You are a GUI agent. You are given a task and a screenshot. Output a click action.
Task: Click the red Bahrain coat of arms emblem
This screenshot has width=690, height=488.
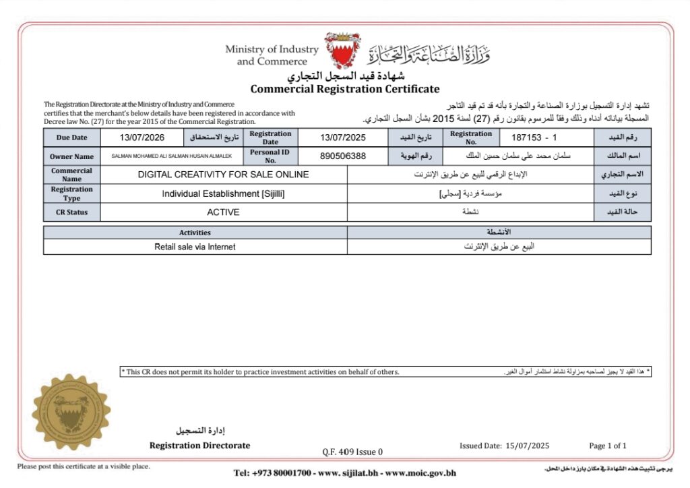coord(342,50)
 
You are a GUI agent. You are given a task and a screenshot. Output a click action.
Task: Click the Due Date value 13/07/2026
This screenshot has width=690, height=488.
coord(142,138)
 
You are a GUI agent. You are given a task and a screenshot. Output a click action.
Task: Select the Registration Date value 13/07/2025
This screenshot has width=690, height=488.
coord(342,138)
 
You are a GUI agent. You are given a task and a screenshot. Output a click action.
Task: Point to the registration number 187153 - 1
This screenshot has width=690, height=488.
coord(534,138)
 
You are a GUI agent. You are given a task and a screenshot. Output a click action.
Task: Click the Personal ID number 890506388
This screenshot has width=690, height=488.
coord(342,156)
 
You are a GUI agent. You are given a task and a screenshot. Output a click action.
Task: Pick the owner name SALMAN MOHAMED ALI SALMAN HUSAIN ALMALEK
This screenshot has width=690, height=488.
coord(172,156)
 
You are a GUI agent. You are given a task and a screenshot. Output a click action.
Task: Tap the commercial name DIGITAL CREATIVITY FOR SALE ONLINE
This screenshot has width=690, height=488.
coord(224,175)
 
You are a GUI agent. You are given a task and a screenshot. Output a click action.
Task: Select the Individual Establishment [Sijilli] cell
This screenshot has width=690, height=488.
coord(224,193)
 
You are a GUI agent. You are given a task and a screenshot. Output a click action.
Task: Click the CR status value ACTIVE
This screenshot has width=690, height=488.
coord(223,212)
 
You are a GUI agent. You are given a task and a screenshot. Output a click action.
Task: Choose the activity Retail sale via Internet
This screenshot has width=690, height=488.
coord(195,247)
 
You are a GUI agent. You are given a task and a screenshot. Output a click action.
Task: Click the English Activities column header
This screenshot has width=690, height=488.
coord(195,233)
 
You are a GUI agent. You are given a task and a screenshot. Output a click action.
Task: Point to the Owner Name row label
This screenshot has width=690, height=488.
coord(71,156)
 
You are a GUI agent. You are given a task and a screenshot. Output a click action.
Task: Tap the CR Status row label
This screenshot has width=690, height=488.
coord(71,212)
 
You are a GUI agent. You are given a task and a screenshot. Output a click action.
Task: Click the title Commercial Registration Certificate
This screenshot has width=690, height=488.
coord(344,89)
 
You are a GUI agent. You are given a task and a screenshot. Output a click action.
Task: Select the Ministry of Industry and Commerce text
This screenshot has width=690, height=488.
coord(272,55)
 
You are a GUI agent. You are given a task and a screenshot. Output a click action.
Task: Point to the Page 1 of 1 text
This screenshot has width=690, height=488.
coord(607,446)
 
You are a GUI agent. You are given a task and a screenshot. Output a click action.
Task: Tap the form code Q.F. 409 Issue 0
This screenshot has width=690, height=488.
coord(352,452)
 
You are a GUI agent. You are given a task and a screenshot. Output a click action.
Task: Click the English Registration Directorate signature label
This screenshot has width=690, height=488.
coord(199,446)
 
